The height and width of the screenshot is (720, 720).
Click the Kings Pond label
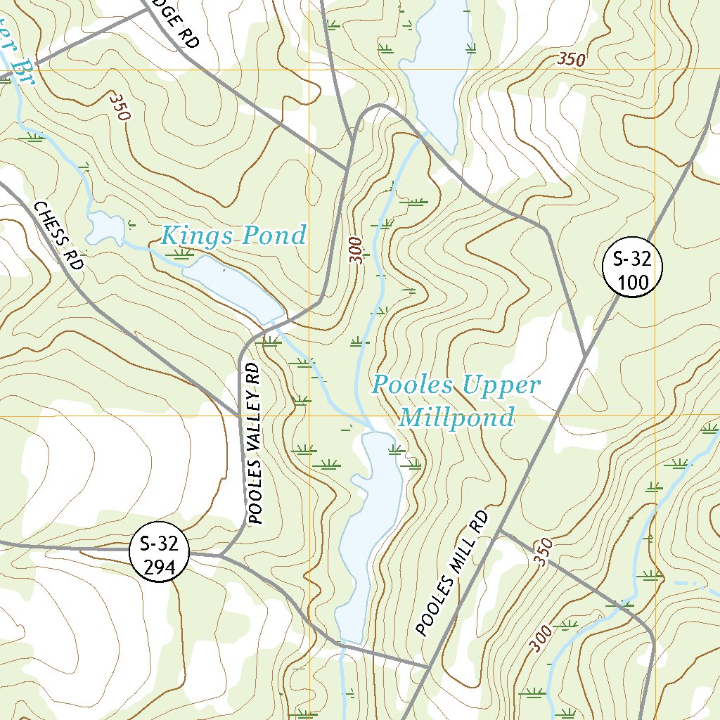coord(233,235)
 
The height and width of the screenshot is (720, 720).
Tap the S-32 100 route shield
coord(633,267)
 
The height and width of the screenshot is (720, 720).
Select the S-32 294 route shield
coord(160,551)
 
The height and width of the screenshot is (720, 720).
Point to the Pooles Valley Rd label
coord(255,445)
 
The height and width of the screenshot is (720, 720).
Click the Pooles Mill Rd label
coord(451,573)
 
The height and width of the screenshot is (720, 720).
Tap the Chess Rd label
coord(59,236)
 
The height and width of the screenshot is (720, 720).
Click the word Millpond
coord(457,418)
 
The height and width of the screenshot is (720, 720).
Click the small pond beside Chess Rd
coord(104,227)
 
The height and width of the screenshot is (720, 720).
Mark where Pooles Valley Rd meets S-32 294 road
coord(220,555)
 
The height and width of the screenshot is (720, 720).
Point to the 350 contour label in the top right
coord(571,60)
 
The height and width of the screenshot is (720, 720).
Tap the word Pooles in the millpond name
coord(413,385)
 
